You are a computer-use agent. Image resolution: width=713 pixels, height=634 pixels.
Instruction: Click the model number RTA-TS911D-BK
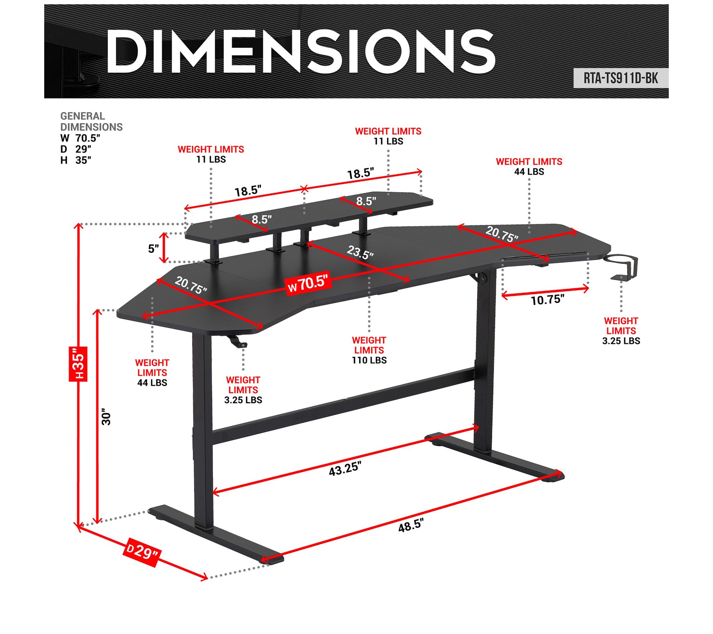(620, 78)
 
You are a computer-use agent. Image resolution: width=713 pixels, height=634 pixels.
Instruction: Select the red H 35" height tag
(78, 363)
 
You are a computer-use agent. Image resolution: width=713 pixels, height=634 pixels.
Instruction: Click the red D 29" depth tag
(142, 552)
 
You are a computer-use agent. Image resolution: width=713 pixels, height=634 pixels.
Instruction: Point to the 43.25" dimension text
(344, 469)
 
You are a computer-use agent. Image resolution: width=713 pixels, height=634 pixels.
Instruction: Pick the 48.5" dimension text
(411, 525)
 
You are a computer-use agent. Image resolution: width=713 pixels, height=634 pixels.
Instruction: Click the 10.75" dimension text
(547, 300)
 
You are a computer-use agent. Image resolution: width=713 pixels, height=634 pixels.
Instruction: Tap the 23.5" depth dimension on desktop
(360, 252)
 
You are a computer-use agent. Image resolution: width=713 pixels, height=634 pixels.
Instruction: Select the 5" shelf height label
(153, 249)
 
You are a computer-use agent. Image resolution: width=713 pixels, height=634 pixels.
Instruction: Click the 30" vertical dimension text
(106, 416)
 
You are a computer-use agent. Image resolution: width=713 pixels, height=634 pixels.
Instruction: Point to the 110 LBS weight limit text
(369, 360)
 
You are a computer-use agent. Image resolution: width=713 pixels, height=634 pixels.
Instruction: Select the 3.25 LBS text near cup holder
(621, 341)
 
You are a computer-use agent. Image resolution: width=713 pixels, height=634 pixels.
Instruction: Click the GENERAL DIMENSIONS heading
(91, 121)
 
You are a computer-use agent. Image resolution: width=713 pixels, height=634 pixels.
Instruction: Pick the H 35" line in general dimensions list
(76, 160)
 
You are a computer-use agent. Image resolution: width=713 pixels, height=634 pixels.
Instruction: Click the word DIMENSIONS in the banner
(301, 52)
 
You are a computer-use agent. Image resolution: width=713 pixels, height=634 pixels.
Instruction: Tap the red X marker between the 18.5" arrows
(304, 189)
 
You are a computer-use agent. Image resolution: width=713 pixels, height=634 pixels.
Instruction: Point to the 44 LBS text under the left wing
(152, 383)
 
